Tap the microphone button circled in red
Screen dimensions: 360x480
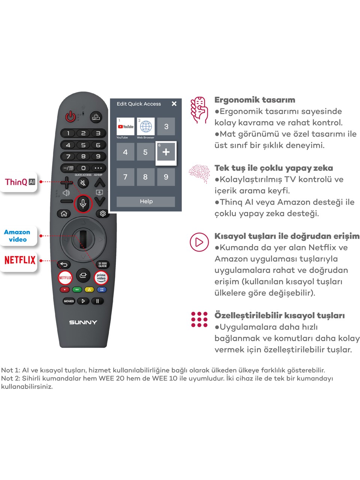[83, 204]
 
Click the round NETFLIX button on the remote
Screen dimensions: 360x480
[65, 277]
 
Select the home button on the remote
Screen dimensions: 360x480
[64, 213]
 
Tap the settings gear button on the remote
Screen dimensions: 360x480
[102, 213]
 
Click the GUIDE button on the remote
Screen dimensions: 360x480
[102, 265]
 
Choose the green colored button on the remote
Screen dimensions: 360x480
[77, 289]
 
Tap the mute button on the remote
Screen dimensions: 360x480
[83, 183]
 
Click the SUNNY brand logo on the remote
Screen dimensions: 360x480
[83, 322]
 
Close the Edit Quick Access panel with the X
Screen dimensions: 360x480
[174, 103]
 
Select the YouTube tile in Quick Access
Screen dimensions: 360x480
[125, 126]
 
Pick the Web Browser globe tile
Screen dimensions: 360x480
[145, 126]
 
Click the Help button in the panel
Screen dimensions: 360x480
[146, 201]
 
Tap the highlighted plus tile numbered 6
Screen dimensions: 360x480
[166, 152]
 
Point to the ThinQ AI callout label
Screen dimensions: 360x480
[19, 182]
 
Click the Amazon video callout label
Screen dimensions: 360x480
[18, 236]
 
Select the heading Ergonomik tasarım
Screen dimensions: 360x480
[255, 100]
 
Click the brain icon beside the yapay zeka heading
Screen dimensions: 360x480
[199, 174]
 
